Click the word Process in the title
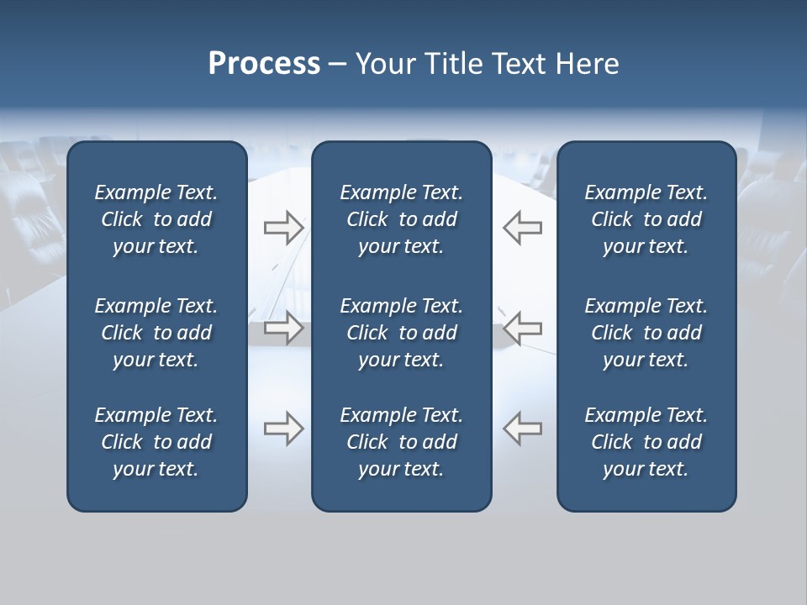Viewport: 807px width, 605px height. coord(264,64)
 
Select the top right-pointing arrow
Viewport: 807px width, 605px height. coord(283,227)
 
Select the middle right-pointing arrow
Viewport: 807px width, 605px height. coord(283,328)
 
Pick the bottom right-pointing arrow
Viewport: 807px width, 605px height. coord(283,429)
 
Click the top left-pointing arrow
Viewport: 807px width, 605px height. coord(523,227)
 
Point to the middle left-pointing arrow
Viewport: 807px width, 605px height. coord(523,328)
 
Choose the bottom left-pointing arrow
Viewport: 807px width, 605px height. coord(523,429)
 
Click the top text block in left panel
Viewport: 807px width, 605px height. coord(156,219)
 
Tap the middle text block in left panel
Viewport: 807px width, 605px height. coord(156,333)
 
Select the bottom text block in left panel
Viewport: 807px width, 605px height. coord(156,442)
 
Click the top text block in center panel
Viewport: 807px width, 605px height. coord(401,219)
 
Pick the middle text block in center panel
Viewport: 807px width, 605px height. coord(401,333)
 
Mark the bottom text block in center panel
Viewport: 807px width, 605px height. coord(401,442)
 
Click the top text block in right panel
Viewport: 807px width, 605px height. coord(646,219)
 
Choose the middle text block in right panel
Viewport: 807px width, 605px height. coord(646,333)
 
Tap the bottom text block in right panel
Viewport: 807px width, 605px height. coord(646,442)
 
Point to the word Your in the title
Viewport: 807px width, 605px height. coord(383,64)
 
